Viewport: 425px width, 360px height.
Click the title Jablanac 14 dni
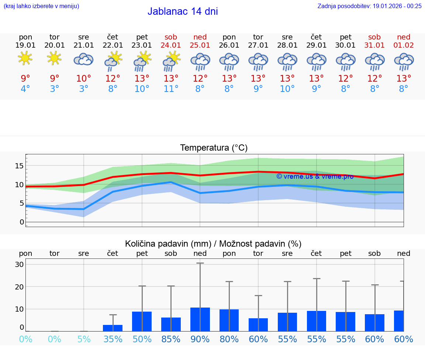tap(183, 11)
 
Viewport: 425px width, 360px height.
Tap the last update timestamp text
tap(369, 6)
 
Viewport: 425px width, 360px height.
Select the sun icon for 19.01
tap(25, 58)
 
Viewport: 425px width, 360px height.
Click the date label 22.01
tap(113, 45)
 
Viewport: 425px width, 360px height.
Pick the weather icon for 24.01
tap(171, 61)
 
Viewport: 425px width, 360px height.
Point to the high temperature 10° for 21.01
tap(84, 79)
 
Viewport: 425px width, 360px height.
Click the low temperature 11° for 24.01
tap(171, 89)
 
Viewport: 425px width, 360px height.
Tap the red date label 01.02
tap(404, 45)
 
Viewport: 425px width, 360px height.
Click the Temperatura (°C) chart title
tap(214, 148)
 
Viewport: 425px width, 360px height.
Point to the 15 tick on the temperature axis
tap(19, 166)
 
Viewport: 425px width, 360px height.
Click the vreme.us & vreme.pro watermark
tap(315, 176)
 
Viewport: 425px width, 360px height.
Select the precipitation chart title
tap(213, 244)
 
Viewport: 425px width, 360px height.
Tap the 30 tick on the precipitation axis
tap(19, 264)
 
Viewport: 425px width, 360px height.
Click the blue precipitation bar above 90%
tap(200, 319)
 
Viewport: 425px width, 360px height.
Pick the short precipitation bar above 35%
tap(113, 328)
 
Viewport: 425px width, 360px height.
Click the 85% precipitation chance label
tap(171, 339)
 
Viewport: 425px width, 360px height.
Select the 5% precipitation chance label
tap(84, 339)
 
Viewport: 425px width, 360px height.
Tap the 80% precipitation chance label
tap(229, 339)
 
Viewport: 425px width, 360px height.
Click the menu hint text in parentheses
tap(41, 6)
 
